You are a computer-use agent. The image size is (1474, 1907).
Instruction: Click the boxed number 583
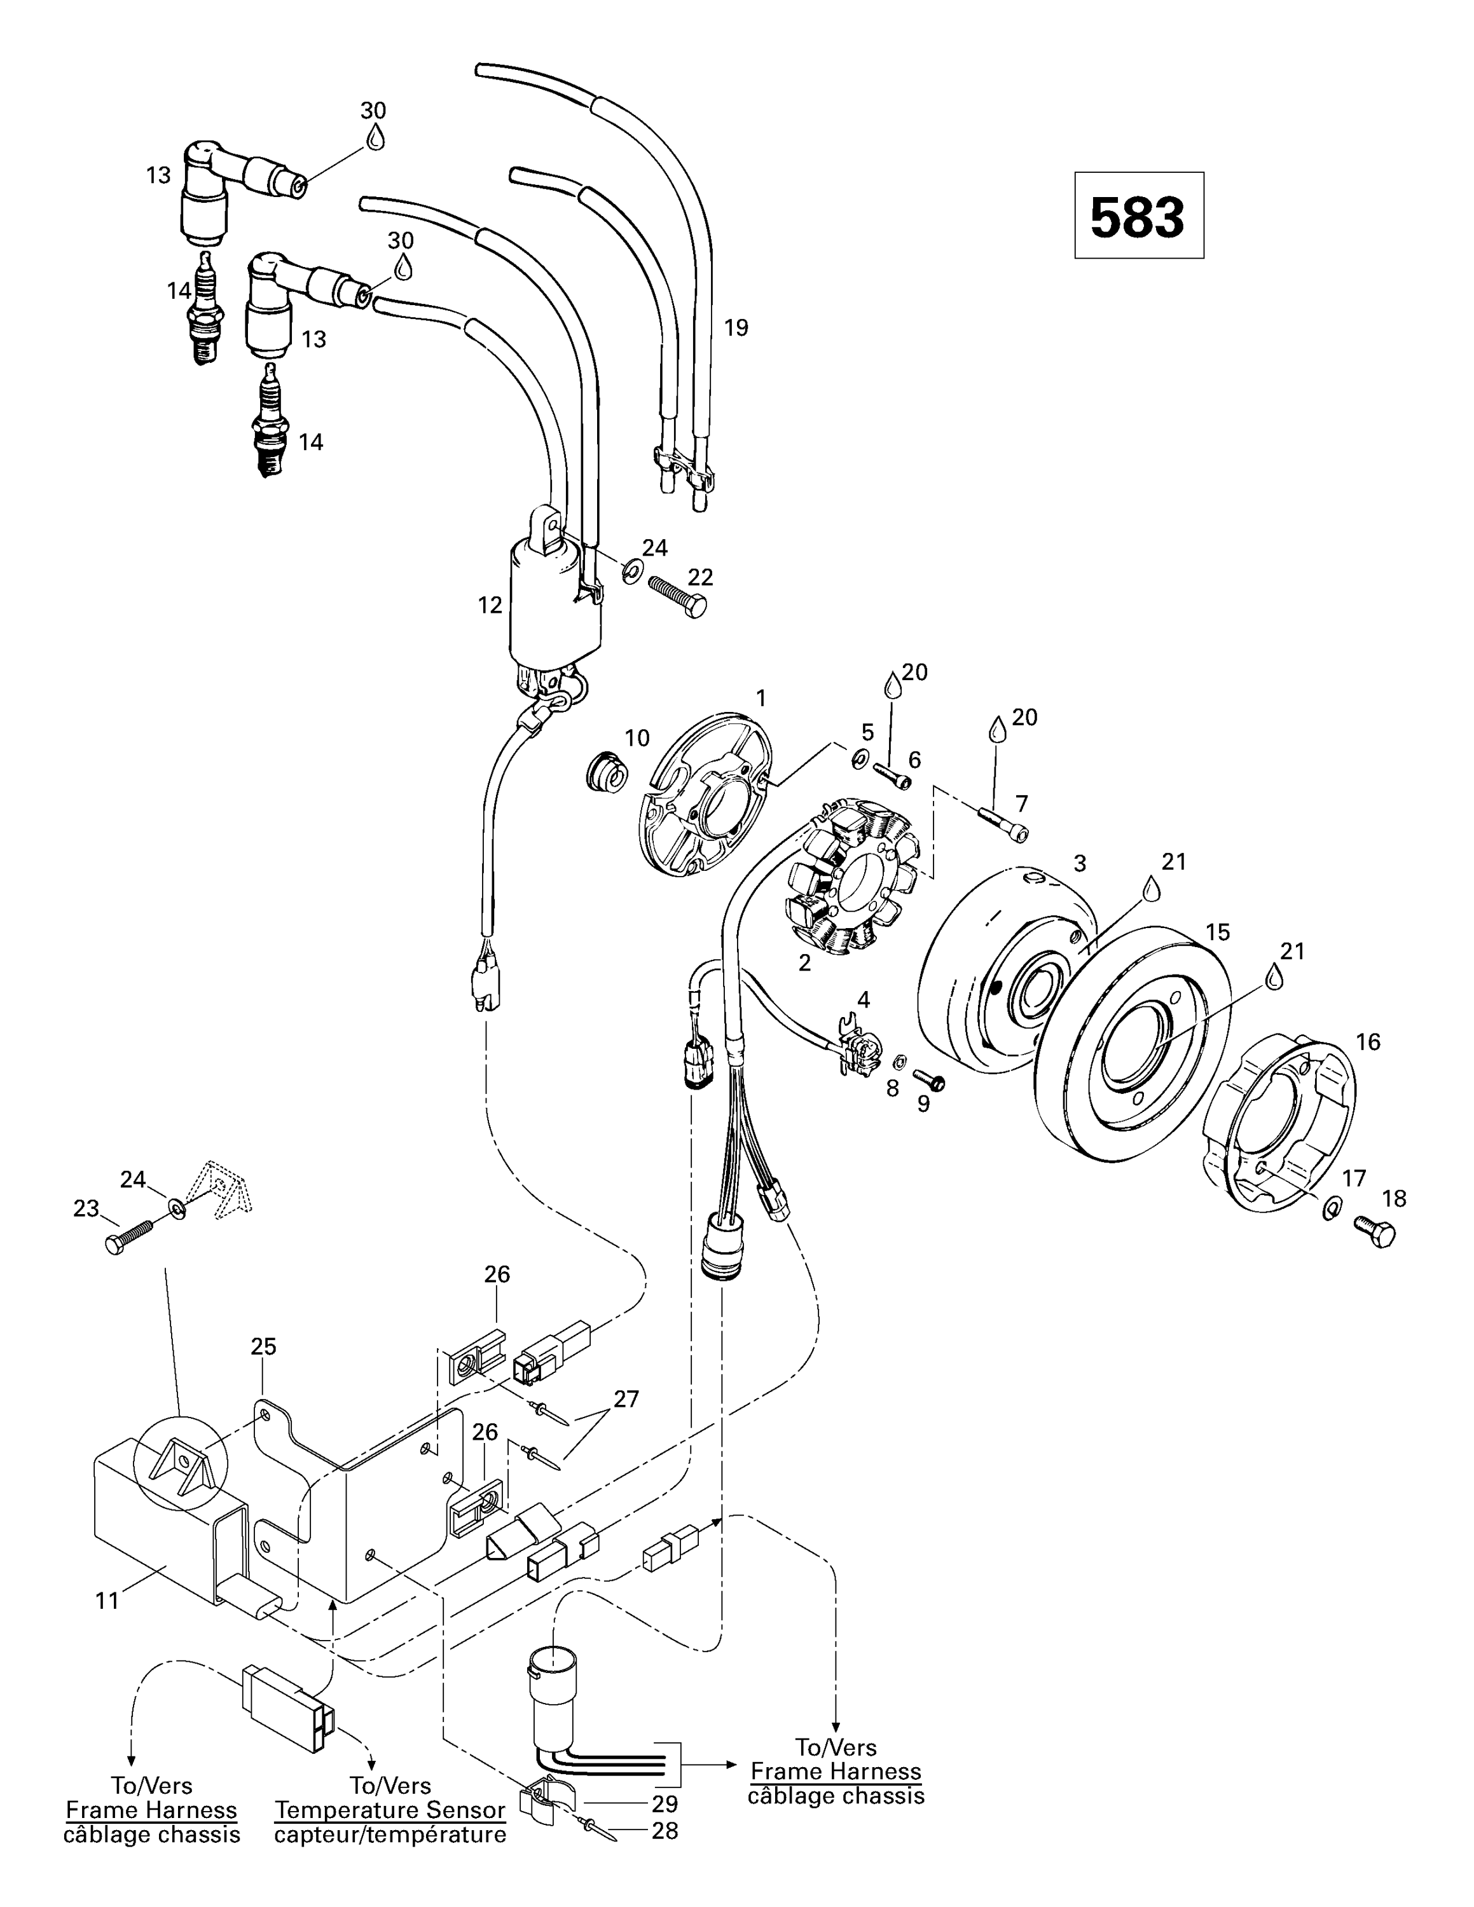(x=1138, y=215)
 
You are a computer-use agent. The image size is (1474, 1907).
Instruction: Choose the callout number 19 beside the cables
(x=736, y=327)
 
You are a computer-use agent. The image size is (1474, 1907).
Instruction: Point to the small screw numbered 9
(x=929, y=1081)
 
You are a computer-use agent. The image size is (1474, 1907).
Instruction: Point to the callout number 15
(x=1217, y=932)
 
